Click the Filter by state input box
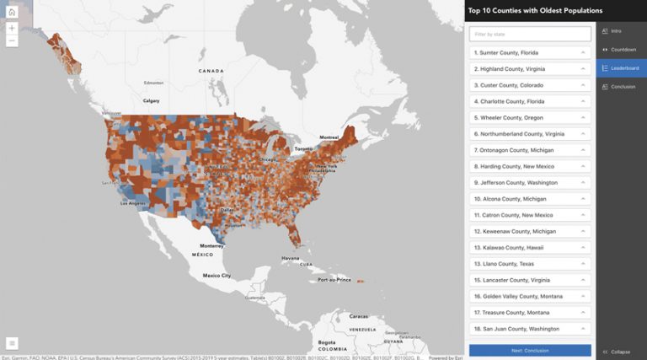coord(530,35)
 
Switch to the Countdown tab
coord(621,50)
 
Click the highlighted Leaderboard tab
coord(621,68)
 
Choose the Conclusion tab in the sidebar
coord(621,87)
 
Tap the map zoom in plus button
coord(12,28)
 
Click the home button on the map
coord(12,12)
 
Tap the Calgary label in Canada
coord(152,100)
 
